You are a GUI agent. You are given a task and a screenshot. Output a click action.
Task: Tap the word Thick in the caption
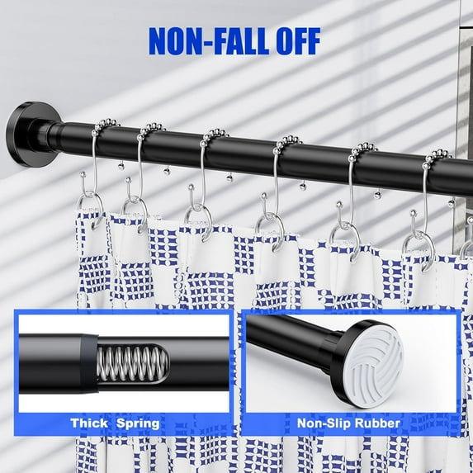coord(90,423)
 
